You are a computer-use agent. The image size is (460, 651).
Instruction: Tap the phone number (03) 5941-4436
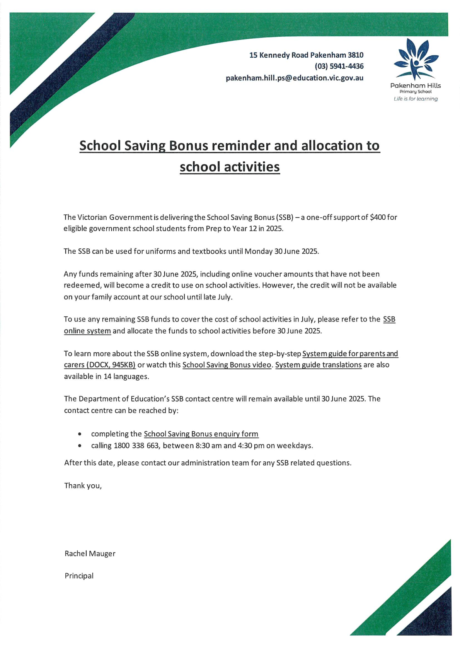(339, 67)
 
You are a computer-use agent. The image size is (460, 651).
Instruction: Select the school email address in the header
(295, 78)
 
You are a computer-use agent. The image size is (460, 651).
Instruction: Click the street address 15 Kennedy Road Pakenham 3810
(306, 55)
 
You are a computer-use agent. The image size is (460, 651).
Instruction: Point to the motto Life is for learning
(416, 99)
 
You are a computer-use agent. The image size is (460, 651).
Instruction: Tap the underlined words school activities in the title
(230, 167)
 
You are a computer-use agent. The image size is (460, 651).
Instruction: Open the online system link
(87, 331)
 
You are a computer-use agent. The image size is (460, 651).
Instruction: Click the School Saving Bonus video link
(227, 365)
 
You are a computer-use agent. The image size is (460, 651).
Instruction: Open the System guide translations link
(318, 365)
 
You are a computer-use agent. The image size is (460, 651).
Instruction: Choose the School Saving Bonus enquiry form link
(201, 434)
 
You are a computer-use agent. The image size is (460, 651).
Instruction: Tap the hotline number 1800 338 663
(136, 446)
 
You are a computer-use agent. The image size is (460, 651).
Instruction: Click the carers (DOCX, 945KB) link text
(100, 365)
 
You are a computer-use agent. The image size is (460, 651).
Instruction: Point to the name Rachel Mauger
(90, 554)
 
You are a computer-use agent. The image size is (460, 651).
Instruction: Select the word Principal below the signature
(79, 576)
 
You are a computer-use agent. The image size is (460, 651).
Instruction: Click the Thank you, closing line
(83, 486)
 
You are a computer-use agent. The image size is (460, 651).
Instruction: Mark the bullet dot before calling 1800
(80, 446)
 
